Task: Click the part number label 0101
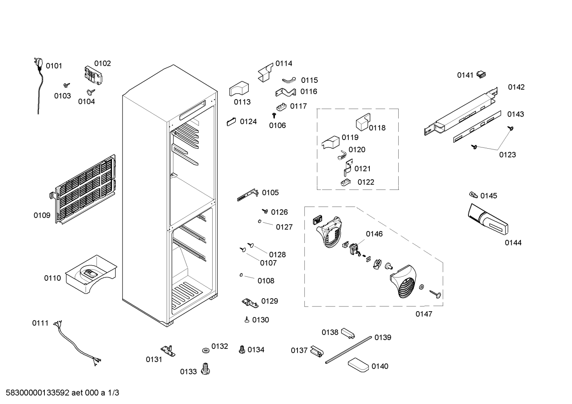click(x=54, y=66)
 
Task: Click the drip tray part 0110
click(x=91, y=274)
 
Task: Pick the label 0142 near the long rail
click(x=516, y=87)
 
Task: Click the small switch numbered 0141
click(x=481, y=75)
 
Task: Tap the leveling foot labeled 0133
click(x=205, y=369)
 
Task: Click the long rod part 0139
click(x=349, y=350)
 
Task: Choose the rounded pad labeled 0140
click(x=358, y=365)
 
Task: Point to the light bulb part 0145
click(x=474, y=195)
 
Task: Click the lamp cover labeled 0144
click(x=488, y=219)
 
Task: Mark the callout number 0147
click(x=424, y=314)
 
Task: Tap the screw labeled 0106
click(x=274, y=116)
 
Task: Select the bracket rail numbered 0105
click(x=248, y=195)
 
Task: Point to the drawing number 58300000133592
click(x=38, y=393)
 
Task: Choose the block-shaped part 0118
click(x=363, y=122)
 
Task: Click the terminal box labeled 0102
click(x=93, y=76)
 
